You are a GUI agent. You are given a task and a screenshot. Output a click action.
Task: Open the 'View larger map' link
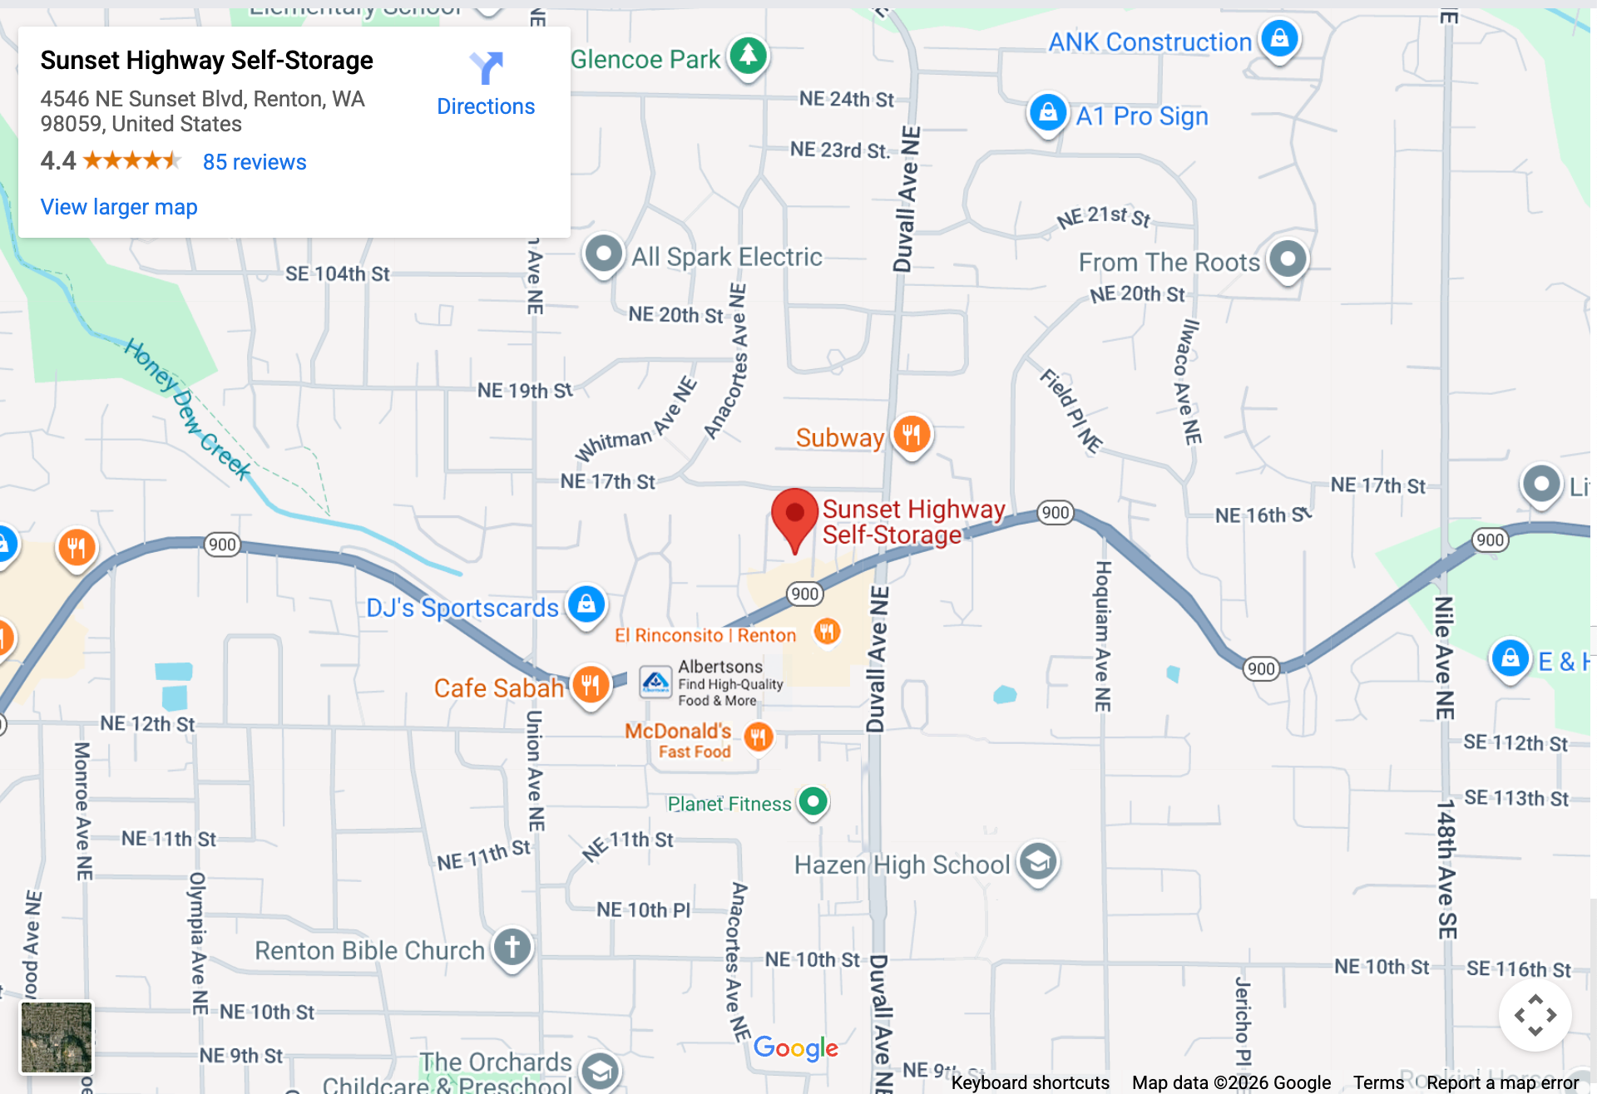[119, 207]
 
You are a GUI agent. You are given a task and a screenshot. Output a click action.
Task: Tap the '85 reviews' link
[255, 162]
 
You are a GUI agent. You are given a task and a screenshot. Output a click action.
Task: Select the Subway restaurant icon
[912, 434]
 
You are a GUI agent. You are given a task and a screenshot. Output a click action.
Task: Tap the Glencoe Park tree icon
[748, 56]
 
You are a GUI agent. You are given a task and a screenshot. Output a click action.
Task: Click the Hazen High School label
[902, 865]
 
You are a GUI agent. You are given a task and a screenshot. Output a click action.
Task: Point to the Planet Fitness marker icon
[813, 801]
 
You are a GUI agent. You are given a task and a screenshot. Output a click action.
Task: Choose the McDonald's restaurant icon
[758, 737]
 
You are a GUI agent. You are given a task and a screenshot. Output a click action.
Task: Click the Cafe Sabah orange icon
[591, 685]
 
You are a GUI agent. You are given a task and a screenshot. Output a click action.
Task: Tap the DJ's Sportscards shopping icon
[586, 604]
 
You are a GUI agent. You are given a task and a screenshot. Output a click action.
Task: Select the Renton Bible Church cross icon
[512, 947]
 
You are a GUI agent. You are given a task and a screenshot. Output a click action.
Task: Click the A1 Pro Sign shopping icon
[1048, 112]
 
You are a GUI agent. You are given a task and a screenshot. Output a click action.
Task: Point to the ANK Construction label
[1150, 42]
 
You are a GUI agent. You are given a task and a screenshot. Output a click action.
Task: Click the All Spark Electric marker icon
[603, 254]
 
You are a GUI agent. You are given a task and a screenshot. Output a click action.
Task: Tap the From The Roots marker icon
[1288, 259]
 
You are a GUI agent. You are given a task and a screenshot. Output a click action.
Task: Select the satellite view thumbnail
[57, 1037]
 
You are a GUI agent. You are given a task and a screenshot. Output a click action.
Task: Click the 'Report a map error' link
[1502, 1082]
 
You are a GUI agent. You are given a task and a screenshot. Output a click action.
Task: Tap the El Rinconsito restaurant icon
[826, 631]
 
